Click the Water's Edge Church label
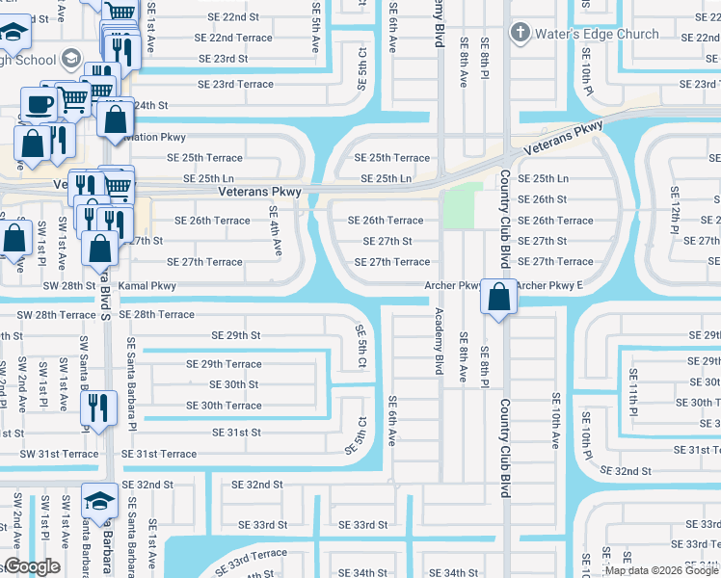(x=599, y=35)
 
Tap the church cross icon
(x=521, y=34)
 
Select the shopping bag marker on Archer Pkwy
(x=498, y=299)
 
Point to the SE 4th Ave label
(x=275, y=231)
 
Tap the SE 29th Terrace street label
(x=224, y=364)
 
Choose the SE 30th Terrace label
(x=224, y=406)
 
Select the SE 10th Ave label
(x=556, y=420)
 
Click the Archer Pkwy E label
(x=550, y=286)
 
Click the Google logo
(x=32, y=566)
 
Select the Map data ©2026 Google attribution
(x=661, y=570)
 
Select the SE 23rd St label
(x=223, y=59)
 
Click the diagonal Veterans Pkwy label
(x=563, y=141)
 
